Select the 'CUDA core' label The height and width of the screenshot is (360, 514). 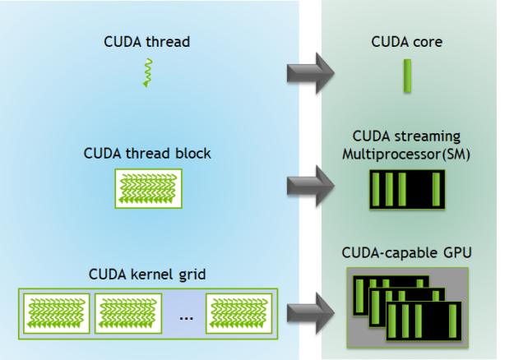tap(406, 42)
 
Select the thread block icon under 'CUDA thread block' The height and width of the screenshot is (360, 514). tap(146, 188)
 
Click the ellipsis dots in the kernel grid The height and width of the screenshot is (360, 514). tap(186, 316)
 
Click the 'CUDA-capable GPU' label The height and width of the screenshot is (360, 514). tap(406, 252)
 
